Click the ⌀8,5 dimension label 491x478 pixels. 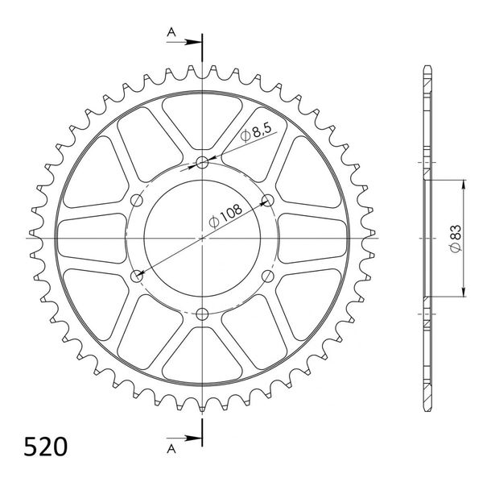pyautogui.click(x=256, y=132)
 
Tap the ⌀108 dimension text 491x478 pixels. pyautogui.click(x=225, y=216)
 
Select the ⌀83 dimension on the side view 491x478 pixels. pyautogui.click(x=456, y=239)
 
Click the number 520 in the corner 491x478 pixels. pyautogui.click(x=46, y=447)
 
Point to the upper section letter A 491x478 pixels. pyautogui.click(x=171, y=31)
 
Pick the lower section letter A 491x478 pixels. pyautogui.click(x=171, y=449)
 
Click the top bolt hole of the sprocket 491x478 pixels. pyautogui.click(x=202, y=163)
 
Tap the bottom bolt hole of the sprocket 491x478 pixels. pyautogui.click(x=202, y=314)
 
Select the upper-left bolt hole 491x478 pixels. pyautogui.click(x=137, y=200)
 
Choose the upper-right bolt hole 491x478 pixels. pyautogui.click(x=268, y=200)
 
